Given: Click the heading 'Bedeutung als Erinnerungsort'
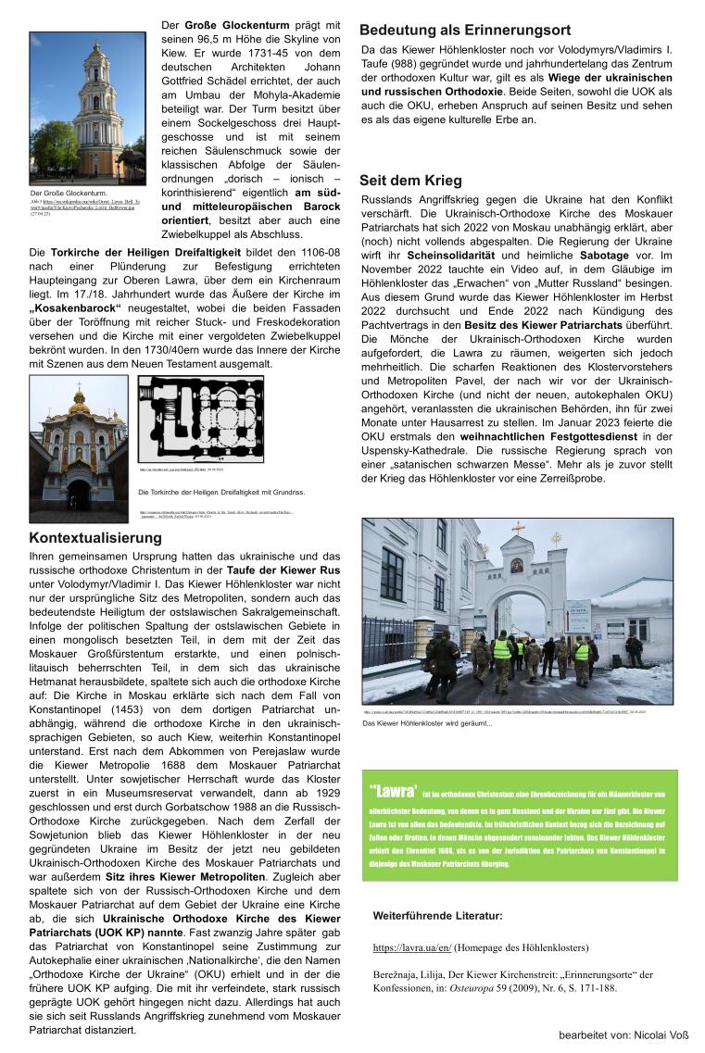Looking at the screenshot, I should click(x=465, y=30).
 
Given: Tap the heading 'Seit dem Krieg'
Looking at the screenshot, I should click(x=411, y=181).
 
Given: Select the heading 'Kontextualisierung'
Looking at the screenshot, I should click(x=95, y=538).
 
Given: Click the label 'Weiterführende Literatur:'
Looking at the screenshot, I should click(x=438, y=916).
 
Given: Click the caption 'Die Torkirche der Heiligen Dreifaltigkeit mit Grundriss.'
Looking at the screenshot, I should click(x=221, y=492).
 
